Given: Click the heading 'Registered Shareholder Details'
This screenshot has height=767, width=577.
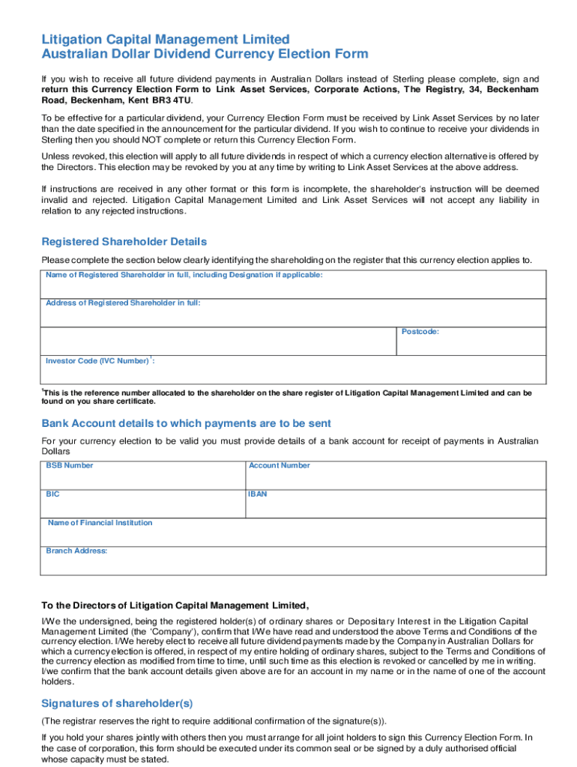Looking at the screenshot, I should [x=124, y=242].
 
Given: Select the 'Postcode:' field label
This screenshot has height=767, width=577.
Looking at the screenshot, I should [x=420, y=332].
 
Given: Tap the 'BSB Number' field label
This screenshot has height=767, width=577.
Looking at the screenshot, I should [x=70, y=466].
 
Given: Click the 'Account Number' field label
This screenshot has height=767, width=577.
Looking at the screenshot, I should [x=279, y=466].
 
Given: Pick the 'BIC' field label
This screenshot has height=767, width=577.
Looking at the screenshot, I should [x=52, y=494].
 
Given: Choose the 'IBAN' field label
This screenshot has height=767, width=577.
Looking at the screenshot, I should [x=258, y=494].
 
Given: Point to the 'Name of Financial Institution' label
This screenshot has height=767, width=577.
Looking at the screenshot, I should [x=100, y=523].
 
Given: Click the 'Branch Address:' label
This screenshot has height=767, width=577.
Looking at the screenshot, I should [x=76, y=551].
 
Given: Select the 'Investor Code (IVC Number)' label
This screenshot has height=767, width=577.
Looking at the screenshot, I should [x=97, y=361].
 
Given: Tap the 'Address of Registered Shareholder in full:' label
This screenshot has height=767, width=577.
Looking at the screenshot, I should [x=123, y=303].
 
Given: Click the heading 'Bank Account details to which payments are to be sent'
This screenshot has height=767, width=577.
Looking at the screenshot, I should [x=186, y=424].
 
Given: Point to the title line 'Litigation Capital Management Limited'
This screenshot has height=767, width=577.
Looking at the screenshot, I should [x=165, y=39].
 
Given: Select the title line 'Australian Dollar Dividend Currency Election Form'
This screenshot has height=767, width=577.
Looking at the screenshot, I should [x=205, y=54].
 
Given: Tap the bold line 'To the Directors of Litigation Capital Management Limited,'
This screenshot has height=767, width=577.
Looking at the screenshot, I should [x=175, y=605].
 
